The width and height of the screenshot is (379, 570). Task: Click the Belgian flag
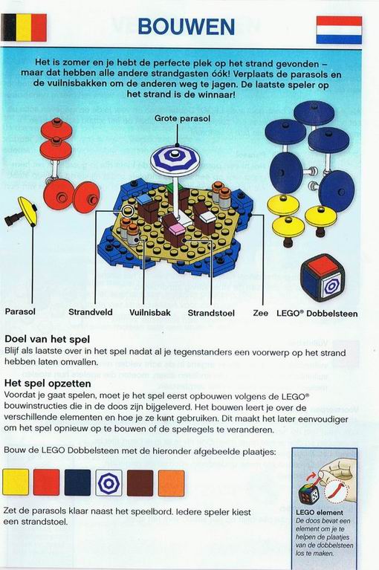[24, 27]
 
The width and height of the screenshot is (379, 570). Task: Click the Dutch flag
[339, 30]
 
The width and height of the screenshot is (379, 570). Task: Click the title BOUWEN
[186, 27]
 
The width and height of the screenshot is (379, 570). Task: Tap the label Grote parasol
[182, 118]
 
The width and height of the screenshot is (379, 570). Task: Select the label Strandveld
[91, 312]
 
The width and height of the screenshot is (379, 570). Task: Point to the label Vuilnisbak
[149, 313]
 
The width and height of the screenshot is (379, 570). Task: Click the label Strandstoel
[211, 313]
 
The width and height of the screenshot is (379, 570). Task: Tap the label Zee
[261, 313]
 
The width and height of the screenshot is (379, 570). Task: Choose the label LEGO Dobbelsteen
[317, 314]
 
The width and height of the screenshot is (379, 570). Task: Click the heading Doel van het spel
[47, 340]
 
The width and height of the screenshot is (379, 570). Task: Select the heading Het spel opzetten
[48, 383]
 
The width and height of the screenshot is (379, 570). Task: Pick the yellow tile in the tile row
[16, 482]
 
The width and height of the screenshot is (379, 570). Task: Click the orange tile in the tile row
[171, 483]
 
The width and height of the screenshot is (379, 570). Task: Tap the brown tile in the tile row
[140, 483]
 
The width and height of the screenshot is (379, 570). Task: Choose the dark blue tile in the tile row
[77, 483]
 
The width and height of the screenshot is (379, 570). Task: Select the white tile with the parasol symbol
[108, 483]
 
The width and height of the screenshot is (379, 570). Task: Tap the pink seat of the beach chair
[177, 229]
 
